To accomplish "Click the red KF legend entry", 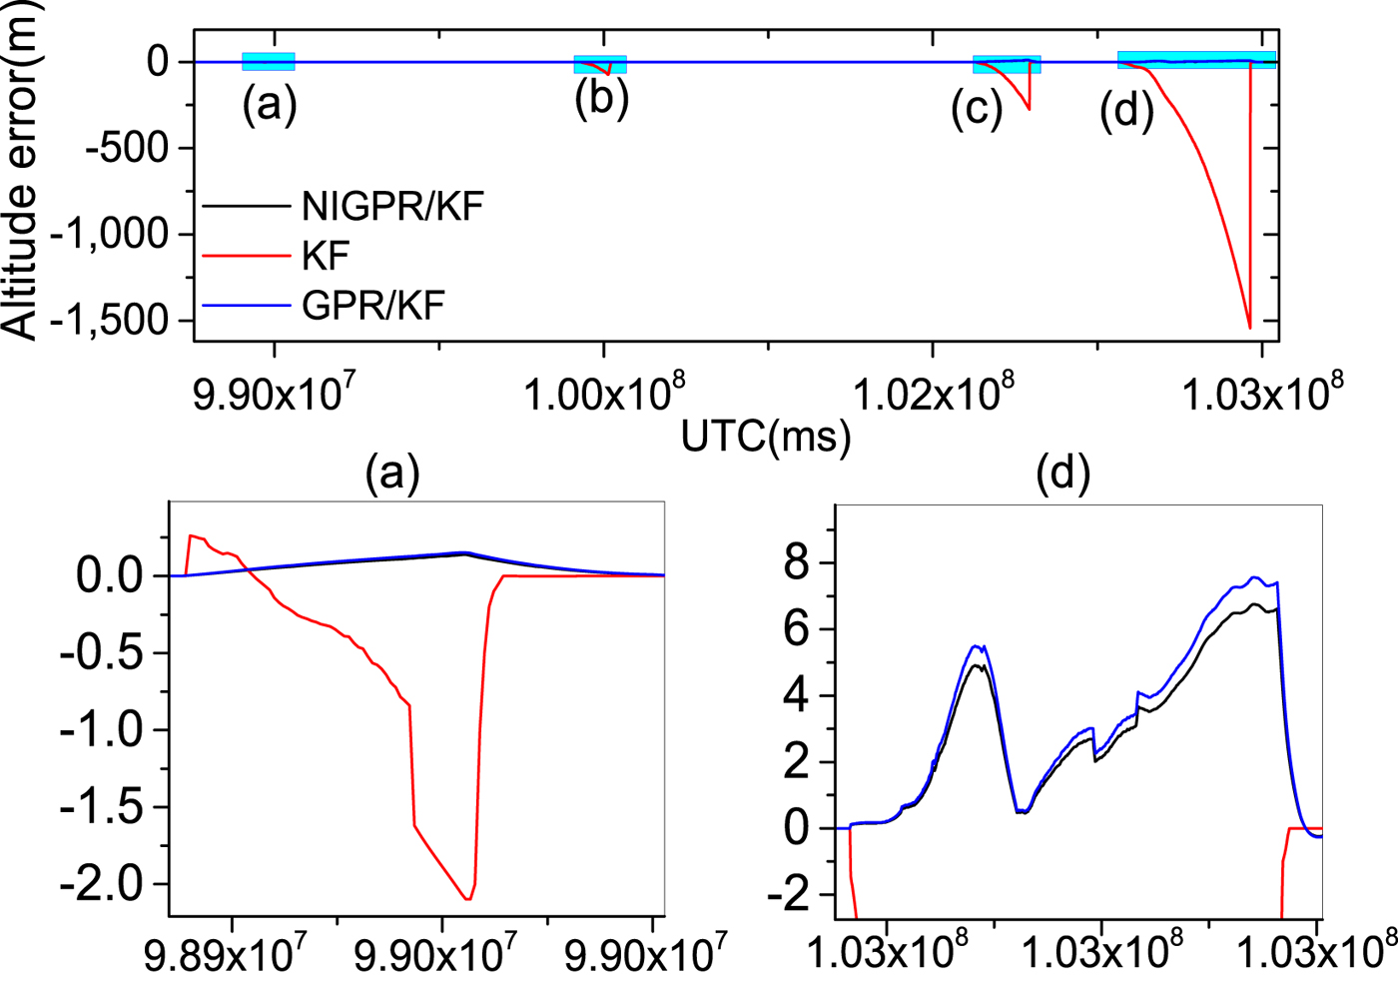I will point(326,256).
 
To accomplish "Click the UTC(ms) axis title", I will point(766,437).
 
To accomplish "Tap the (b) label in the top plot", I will point(601,99).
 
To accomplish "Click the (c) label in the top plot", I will point(976,109).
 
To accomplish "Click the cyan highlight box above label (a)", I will point(269,61).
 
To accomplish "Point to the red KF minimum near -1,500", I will point(1250,327).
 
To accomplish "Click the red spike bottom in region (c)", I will point(1030,109).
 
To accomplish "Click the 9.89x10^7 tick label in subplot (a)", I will point(224,955).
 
